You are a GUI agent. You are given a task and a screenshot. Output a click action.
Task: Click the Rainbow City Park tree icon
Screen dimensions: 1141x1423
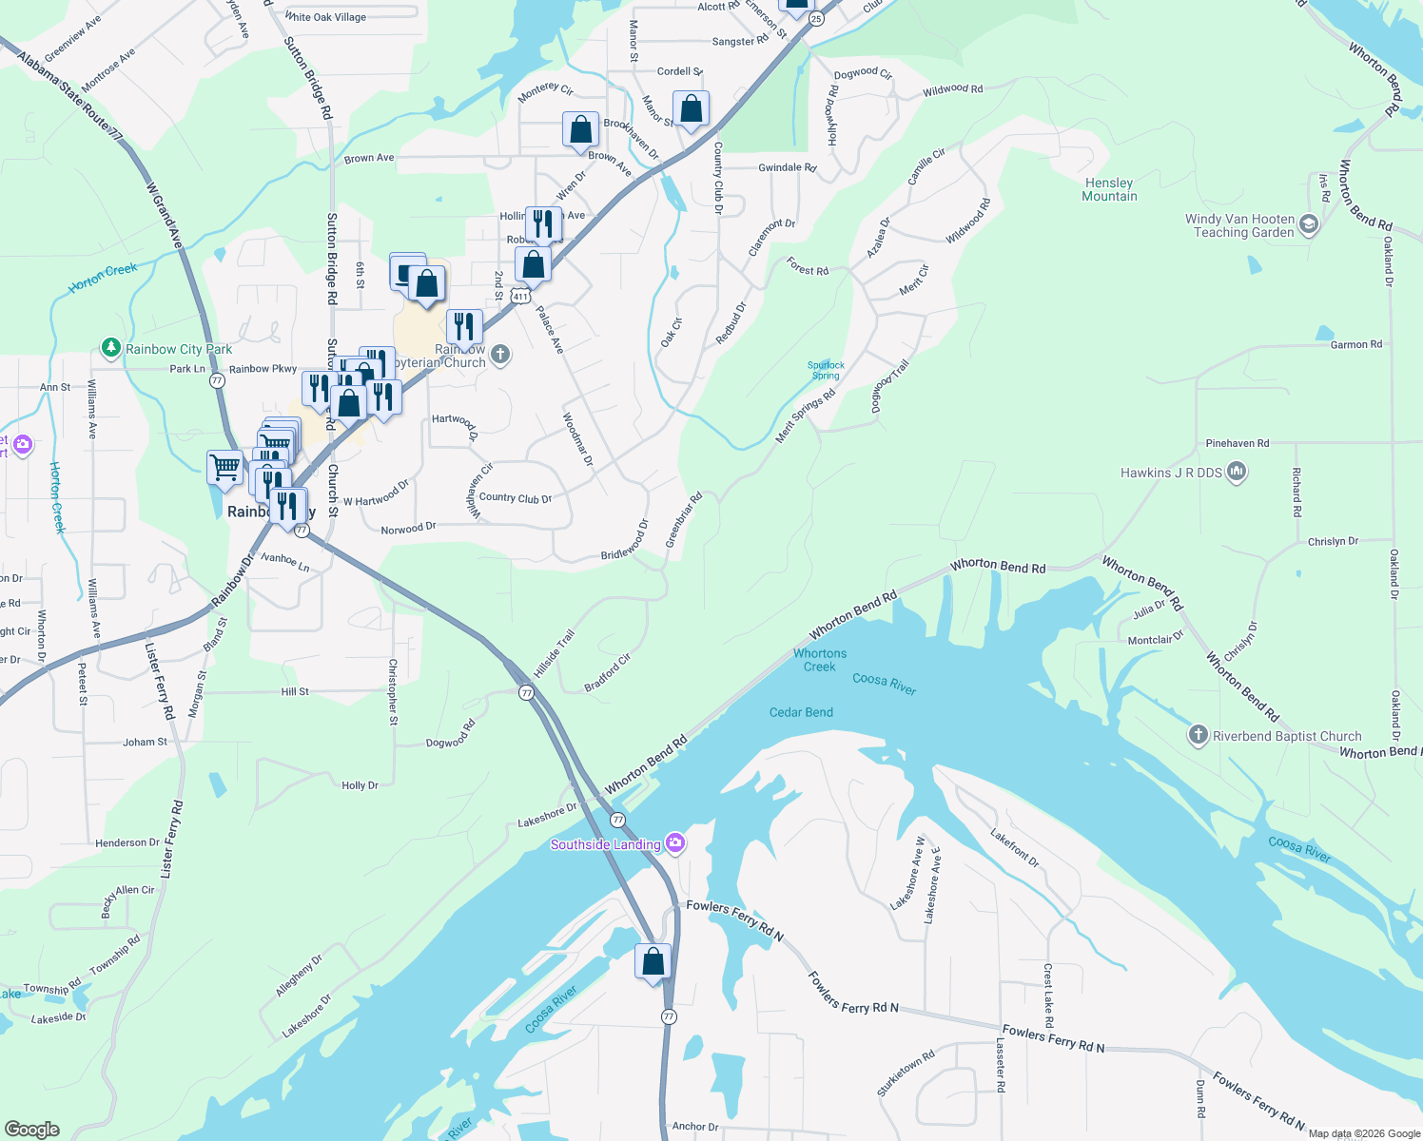click(x=111, y=348)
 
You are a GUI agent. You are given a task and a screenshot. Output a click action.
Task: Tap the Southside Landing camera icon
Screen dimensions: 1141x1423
click(x=674, y=842)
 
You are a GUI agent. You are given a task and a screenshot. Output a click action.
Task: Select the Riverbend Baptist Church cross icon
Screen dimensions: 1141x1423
click(x=1199, y=735)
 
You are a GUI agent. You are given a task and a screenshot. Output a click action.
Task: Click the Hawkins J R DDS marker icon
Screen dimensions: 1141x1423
click(x=1237, y=472)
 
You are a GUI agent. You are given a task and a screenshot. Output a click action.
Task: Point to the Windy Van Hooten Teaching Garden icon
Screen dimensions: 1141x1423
click(x=1309, y=224)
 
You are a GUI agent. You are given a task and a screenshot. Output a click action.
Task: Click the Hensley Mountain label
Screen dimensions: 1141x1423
click(x=1109, y=189)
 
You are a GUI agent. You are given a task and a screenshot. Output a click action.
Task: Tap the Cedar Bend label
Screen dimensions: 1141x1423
click(x=801, y=712)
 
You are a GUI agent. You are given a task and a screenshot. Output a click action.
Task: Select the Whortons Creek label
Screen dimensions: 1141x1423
click(x=820, y=660)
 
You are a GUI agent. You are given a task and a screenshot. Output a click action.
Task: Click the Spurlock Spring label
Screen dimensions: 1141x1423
click(x=826, y=370)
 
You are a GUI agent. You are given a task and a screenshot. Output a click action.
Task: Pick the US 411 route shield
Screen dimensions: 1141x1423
click(x=519, y=297)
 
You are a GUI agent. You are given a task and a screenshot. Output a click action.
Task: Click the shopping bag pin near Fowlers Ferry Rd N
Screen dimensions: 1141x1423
click(x=653, y=962)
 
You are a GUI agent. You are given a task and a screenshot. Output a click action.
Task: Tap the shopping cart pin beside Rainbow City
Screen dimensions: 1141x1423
click(x=224, y=467)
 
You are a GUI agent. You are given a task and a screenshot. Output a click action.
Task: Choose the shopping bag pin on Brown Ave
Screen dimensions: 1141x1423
click(x=580, y=129)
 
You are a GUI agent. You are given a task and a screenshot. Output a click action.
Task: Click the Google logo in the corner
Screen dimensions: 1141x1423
click(x=32, y=1129)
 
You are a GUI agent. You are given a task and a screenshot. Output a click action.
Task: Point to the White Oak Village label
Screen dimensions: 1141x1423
click(x=325, y=17)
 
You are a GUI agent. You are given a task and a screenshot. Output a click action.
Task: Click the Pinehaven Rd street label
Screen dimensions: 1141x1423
click(x=1237, y=443)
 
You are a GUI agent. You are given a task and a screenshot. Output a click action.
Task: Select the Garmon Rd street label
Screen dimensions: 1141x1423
click(x=1355, y=344)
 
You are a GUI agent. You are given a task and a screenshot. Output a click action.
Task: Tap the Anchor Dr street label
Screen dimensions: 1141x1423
click(x=695, y=1126)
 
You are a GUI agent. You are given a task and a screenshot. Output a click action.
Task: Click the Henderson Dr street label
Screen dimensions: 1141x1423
click(x=127, y=842)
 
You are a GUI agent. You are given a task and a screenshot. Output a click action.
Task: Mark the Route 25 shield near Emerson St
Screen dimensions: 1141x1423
click(x=816, y=19)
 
